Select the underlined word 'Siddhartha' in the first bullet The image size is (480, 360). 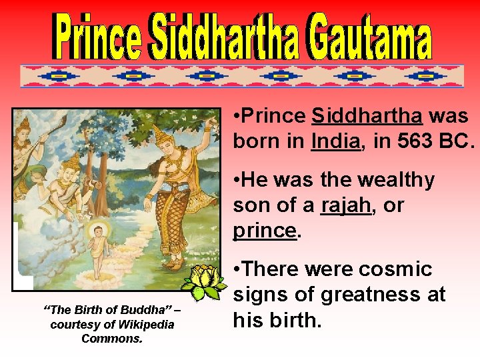pos(367,116)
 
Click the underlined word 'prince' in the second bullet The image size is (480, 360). pos(265,231)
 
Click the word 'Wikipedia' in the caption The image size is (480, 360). pos(144,325)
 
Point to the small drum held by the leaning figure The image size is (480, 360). pos(93,181)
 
